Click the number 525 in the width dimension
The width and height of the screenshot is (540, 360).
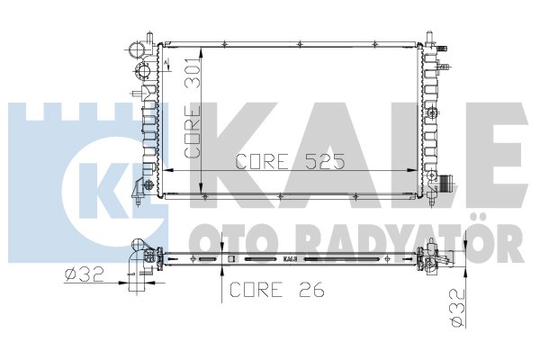pos(325,161)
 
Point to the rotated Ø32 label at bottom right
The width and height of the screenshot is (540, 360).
pos(458,308)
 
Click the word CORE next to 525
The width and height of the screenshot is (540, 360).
pos(262,161)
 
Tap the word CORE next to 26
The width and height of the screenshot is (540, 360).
pos(256,290)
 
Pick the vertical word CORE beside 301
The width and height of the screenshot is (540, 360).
pos(193,132)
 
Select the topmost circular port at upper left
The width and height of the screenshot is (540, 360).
pos(137,49)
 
